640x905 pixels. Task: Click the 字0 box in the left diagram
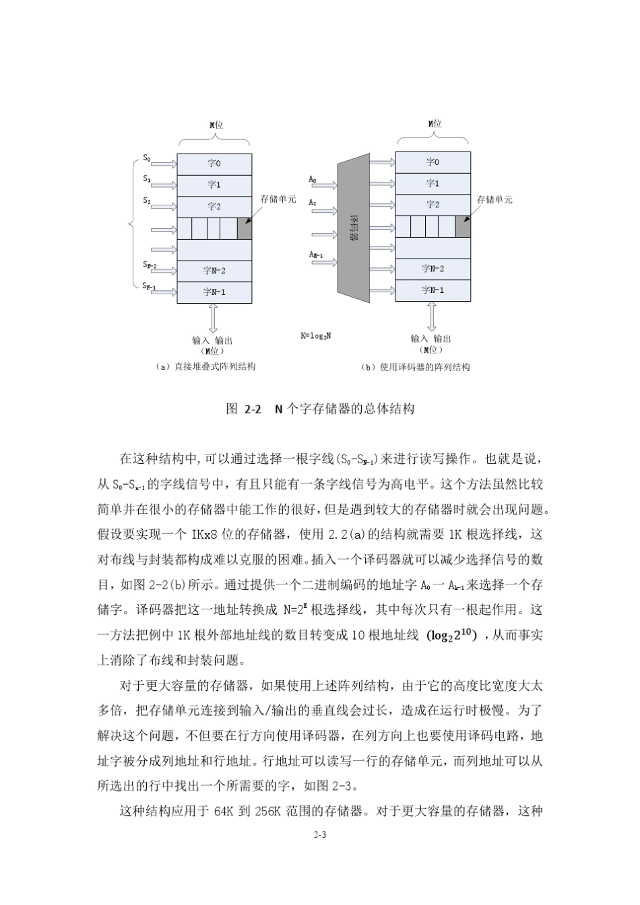[214, 164]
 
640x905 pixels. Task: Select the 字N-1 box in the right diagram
[433, 290]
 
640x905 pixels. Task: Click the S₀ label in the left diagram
[147, 158]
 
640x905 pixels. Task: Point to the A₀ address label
[313, 179]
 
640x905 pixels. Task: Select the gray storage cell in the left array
[245, 228]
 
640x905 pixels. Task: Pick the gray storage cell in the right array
[463, 226]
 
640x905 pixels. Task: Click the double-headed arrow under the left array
[213, 317]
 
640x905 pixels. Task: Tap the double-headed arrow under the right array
[431, 316]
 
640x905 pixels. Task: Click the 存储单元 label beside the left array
[278, 199]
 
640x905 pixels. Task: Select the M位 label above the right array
[435, 124]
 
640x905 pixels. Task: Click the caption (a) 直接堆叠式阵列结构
[205, 367]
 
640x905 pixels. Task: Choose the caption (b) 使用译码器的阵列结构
[416, 367]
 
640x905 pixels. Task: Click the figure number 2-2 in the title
[253, 409]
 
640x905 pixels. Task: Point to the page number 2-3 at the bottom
[319, 835]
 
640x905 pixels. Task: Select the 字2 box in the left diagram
[214, 206]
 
